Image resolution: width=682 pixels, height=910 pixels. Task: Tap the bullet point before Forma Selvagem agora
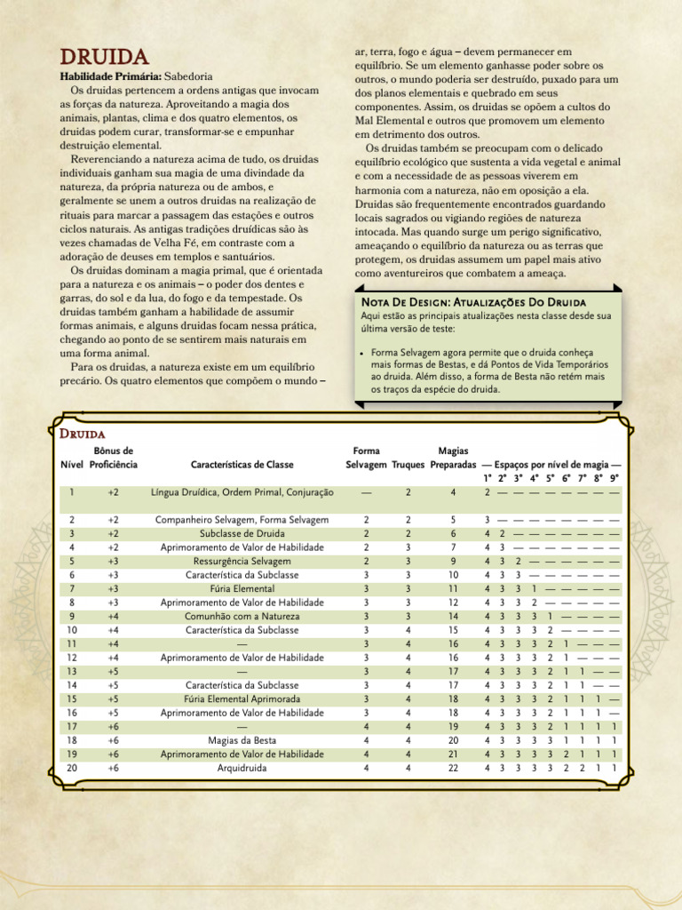[x=363, y=352]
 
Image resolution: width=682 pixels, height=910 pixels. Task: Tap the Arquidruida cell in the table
[x=242, y=768]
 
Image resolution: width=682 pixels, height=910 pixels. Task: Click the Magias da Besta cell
[x=242, y=739]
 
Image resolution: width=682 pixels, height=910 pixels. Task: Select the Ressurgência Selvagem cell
[x=242, y=562]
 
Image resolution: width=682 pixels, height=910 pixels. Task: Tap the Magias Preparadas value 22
[x=453, y=768]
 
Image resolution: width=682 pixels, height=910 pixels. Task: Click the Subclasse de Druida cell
[x=242, y=533]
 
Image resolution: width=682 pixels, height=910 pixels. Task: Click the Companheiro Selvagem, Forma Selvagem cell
[x=242, y=519]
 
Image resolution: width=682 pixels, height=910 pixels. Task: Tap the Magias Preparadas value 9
[x=453, y=562]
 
